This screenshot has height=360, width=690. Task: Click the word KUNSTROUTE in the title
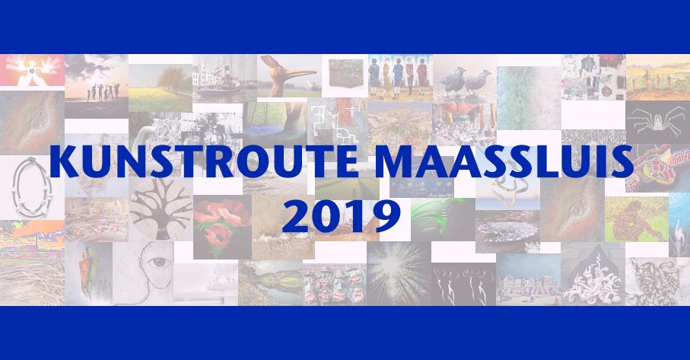click(204, 161)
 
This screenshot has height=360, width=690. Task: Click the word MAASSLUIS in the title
click(504, 161)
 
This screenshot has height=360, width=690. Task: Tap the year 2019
click(342, 216)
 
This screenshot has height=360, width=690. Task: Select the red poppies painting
click(222, 227)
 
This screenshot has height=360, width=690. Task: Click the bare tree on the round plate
click(161, 208)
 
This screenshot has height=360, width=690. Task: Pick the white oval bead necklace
click(32, 186)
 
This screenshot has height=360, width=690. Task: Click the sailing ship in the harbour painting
click(217, 82)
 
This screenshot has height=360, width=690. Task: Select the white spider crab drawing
click(657, 122)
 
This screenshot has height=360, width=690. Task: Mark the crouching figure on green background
click(636, 219)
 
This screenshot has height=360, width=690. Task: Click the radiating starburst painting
click(399, 274)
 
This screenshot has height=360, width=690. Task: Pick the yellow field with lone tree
click(161, 88)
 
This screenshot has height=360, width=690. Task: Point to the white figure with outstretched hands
click(32, 70)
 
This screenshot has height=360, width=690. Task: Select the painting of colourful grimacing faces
click(335, 283)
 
